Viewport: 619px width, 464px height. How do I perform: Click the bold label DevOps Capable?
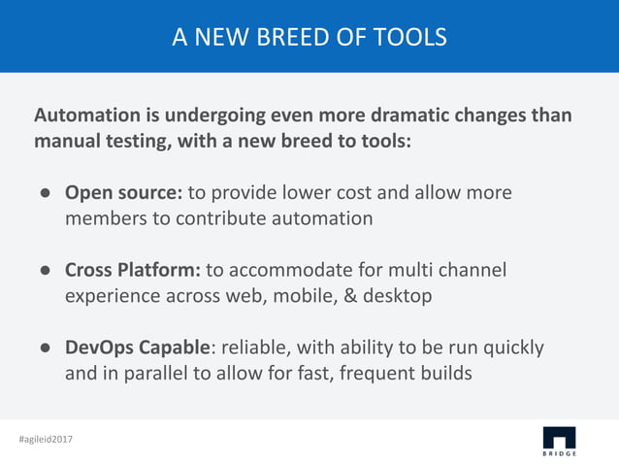point(136,347)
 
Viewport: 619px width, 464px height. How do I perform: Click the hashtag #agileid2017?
point(46,440)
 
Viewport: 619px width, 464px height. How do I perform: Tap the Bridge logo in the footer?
point(558,440)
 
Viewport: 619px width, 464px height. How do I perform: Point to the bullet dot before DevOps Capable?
point(45,348)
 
